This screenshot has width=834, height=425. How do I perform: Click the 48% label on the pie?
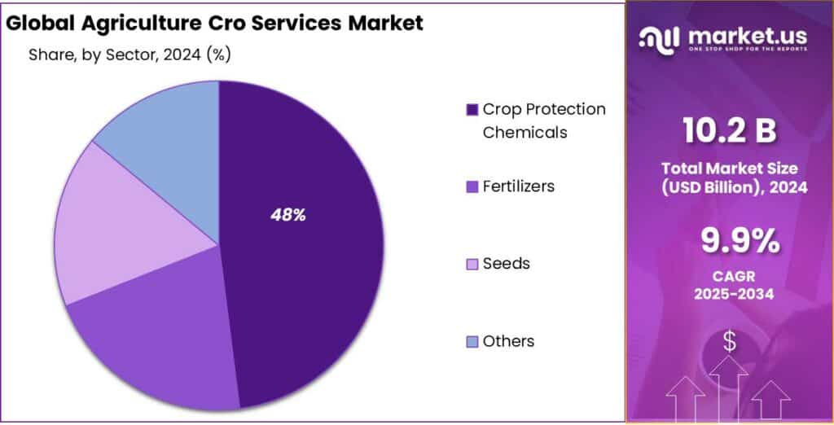click(288, 215)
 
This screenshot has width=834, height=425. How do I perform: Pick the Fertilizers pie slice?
click(155, 342)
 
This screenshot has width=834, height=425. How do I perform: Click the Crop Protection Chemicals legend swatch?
click(471, 110)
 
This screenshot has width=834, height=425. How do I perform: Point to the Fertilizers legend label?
click(518, 186)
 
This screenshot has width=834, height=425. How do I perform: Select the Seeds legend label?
click(506, 264)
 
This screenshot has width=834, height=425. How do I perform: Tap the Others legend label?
click(508, 341)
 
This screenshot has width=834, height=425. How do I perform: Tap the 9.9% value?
click(730, 241)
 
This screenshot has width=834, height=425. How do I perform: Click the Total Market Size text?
click(730, 169)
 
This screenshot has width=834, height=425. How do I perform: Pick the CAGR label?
click(730, 277)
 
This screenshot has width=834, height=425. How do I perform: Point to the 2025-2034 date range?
click(730, 295)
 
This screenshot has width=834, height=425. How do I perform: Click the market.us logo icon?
click(659, 37)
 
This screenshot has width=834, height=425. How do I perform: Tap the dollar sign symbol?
click(729, 342)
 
